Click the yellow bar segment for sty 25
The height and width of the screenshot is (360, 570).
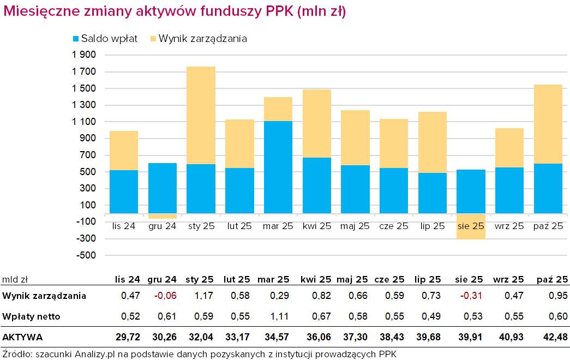(201, 115)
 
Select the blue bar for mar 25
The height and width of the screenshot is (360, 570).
(278, 167)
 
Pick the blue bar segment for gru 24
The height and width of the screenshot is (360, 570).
(163, 188)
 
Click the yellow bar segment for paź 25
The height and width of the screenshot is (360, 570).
(548, 124)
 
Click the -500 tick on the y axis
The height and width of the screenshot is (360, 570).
(84, 255)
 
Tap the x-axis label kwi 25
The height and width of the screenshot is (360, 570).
(316, 226)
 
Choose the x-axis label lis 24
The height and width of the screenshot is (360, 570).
(123, 226)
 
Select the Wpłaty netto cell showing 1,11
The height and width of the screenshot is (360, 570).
(278, 316)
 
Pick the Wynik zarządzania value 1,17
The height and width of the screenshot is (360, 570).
(203, 296)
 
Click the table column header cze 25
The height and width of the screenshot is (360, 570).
(389, 280)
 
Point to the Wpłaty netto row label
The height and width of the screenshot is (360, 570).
(31, 316)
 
